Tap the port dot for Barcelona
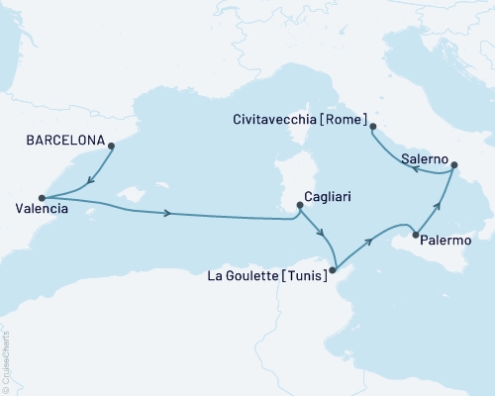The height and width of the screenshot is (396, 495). (x=111, y=146)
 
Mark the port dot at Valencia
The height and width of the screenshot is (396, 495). (x=42, y=196)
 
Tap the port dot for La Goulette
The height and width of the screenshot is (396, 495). (x=334, y=268)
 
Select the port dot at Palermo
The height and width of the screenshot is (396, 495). (x=416, y=236)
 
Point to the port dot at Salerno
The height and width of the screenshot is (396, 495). (x=454, y=166)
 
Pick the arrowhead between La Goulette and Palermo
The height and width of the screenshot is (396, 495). (x=370, y=240)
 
